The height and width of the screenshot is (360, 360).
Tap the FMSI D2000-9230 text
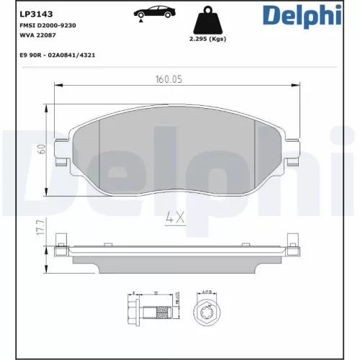pyautogui.click(x=43, y=25)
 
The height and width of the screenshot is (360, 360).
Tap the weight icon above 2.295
pyautogui.click(x=206, y=19)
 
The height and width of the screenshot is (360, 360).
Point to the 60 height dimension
pyautogui.click(x=42, y=148)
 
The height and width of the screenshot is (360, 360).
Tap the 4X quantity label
pyautogui.click(x=176, y=215)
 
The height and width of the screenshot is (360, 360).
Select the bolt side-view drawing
pyautogui.click(x=148, y=310)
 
